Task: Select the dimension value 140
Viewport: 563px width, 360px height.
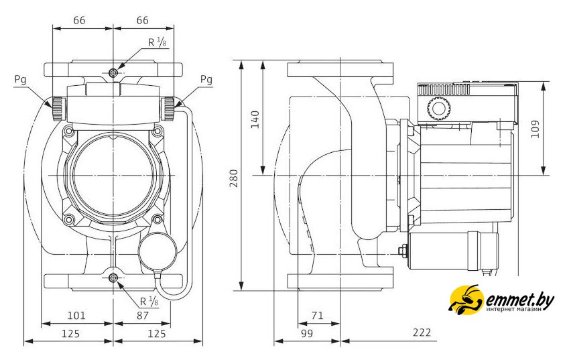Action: [x=254, y=119]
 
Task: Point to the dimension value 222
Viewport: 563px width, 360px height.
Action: [x=422, y=333]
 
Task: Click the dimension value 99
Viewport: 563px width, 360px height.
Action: [x=308, y=333]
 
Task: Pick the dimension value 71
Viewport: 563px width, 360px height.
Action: [x=318, y=314]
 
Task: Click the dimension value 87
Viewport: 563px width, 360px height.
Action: [x=141, y=314]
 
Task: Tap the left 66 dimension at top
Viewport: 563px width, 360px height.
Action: [x=78, y=20]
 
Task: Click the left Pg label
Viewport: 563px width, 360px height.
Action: [x=20, y=79]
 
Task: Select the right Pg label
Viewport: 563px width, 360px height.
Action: [x=206, y=79]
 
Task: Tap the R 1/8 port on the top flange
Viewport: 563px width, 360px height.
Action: [x=114, y=72]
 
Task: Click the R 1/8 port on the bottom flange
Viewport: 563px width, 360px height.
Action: [x=114, y=278]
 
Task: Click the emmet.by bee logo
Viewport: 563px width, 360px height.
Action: [x=465, y=301]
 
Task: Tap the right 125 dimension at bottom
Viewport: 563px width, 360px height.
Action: [x=155, y=333]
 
